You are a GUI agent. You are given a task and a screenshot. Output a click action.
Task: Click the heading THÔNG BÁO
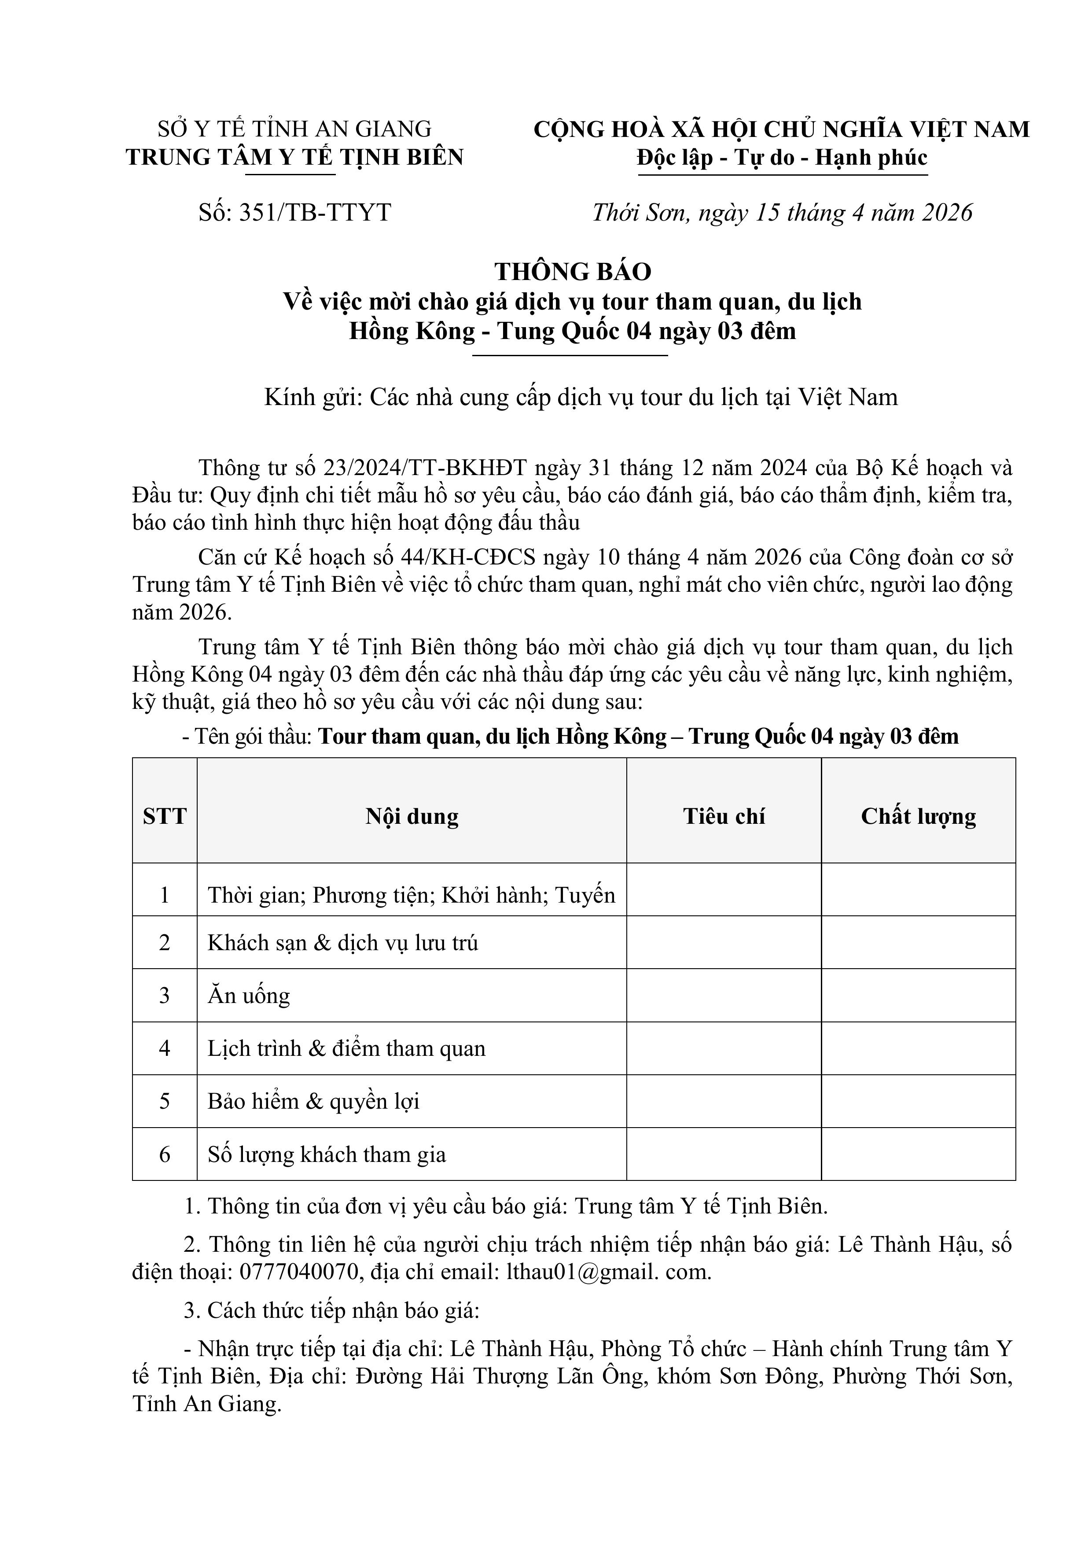point(573,271)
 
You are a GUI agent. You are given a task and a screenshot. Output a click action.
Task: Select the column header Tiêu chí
point(724,816)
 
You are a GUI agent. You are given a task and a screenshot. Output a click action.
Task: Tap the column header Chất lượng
point(919,816)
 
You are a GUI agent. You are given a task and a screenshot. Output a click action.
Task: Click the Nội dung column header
point(412,816)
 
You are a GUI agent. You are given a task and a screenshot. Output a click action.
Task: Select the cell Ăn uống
point(249,995)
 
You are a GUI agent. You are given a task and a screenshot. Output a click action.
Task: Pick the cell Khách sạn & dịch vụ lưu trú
point(342,943)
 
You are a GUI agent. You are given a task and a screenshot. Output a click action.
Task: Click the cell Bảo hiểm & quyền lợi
point(313,1101)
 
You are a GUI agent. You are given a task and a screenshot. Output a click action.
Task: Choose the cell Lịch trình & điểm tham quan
point(346,1048)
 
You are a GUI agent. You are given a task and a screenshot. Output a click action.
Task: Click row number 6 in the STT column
point(165,1154)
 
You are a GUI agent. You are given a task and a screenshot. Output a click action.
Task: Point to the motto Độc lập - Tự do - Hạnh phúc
point(783,158)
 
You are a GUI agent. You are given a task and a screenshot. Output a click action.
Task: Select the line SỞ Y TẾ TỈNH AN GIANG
point(295,129)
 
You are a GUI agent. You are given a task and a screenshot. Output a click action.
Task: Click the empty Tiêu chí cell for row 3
point(724,995)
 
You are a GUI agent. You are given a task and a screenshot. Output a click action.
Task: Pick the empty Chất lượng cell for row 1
point(919,889)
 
